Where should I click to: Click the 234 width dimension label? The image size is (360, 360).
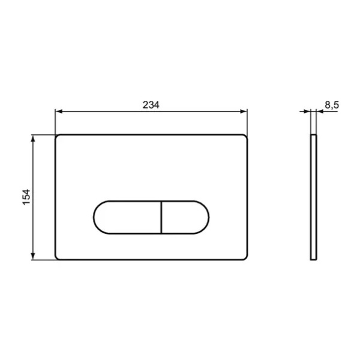coord(151,105)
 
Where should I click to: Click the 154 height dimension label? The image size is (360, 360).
coord(26,197)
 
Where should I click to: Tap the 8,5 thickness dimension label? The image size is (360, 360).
coord(332,105)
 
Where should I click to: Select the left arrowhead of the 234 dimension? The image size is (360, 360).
coord(59,112)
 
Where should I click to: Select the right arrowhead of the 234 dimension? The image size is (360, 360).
coord(243,112)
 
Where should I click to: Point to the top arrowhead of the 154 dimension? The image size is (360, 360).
coord(33,139)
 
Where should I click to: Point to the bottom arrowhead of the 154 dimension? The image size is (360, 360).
coord(33,256)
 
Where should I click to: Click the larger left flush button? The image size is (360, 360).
coord(127,217)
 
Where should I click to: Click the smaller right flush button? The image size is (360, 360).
coord(185,217)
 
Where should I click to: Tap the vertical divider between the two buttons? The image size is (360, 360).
coord(161,217)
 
